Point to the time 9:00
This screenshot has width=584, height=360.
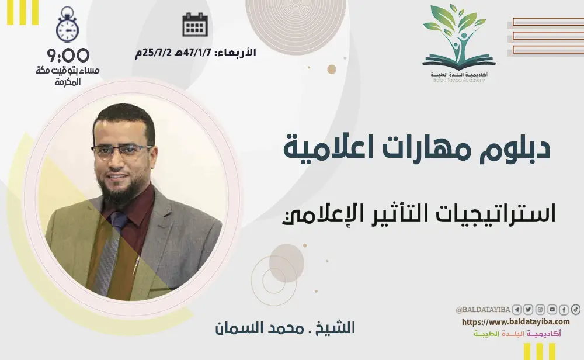[68, 56]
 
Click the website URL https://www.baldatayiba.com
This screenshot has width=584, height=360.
[516, 322]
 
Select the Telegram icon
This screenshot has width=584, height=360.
[517, 310]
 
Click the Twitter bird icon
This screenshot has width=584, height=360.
[529, 310]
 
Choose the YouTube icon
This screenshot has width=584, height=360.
[552, 310]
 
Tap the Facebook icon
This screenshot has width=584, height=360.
[564, 310]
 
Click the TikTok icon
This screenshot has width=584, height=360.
[575, 310]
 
